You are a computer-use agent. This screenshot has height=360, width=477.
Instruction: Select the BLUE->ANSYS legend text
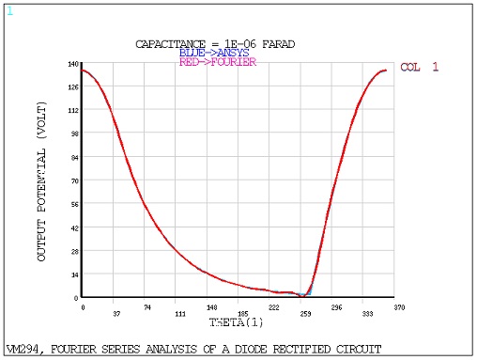point(214,53)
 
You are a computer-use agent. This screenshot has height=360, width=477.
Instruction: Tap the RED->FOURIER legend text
point(217,62)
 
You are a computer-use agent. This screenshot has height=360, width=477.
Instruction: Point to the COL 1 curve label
point(420,68)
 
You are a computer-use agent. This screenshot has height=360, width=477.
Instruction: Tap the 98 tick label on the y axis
point(73,133)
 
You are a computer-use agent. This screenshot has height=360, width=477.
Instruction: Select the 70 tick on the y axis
point(73,180)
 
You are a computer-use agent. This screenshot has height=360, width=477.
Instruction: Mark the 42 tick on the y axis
point(73,227)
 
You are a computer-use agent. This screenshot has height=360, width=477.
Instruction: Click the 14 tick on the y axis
point(73,274)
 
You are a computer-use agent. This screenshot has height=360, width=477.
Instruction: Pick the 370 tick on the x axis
point(400,307)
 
